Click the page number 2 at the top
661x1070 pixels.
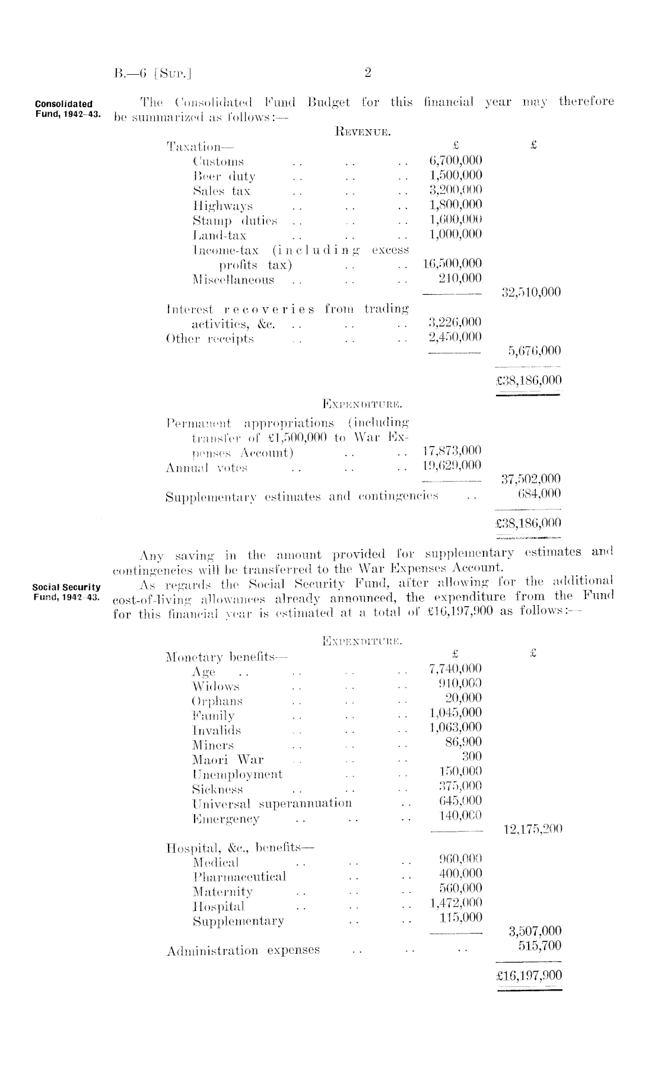tap(367, 73)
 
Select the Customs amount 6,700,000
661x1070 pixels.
tap(455, 161)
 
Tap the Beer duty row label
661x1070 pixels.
tap(224, 176)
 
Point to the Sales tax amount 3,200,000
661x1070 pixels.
tap(455, 190)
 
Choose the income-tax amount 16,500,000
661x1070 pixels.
tap(452, 264)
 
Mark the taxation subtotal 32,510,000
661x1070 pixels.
tap(527, 292)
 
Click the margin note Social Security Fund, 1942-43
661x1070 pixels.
tap(66, 592)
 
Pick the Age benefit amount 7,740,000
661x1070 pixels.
tap(455, 670)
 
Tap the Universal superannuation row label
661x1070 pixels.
tap(272, 804)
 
